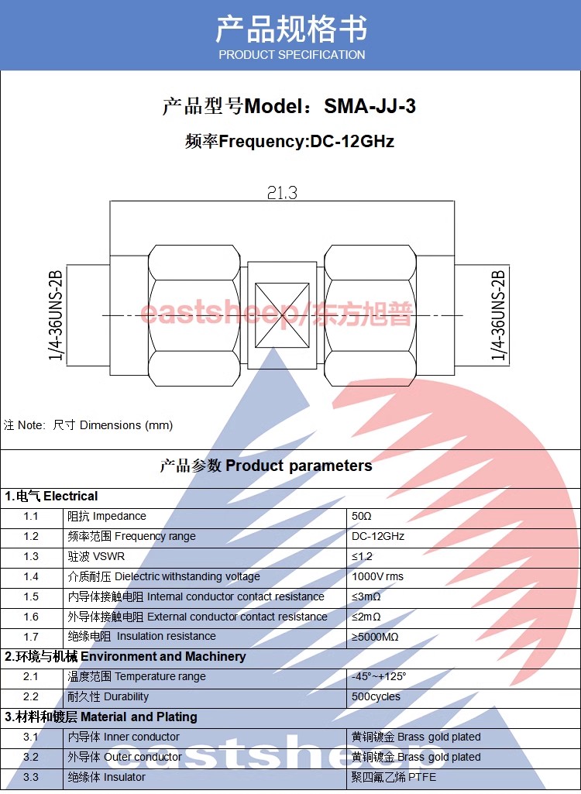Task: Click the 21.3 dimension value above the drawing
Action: click(282, 193)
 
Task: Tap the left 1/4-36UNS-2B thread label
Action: click(56, 315)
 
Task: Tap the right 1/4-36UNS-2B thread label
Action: click(498, 315)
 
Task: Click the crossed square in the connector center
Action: click(282, 315)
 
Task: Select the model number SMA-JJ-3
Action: click(370, 106)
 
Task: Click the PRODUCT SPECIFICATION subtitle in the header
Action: click(292, 55)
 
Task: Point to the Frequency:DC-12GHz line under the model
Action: click(290, 141)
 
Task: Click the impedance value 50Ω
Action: click(362, 516)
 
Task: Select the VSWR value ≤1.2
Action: click(363, 556)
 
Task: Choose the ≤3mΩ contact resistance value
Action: click(366, 596)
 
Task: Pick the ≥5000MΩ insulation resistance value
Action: click(376, 637)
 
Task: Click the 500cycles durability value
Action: click(376, 696)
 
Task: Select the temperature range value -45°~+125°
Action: click(379, 676)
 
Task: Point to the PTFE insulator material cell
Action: click(394, 777)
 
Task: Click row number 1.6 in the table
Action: click(31, 617)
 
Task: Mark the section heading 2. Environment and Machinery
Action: click(125, 657)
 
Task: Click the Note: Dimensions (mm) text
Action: click(88, 424)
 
